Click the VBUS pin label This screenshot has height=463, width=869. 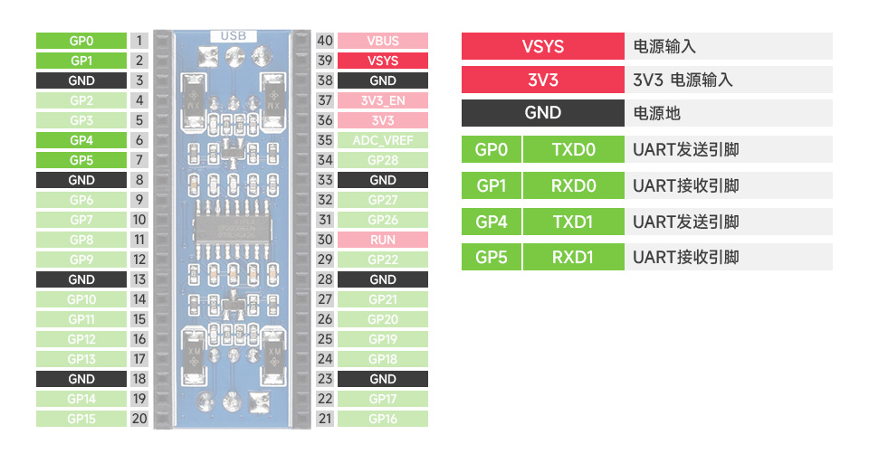pyautogui.click(x=383, y=41)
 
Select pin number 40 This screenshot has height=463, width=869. pyautogui.click(x=325, y=41)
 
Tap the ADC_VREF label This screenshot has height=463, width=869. pyautogui.click(x=383, y=140)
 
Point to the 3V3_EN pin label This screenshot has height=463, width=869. pyautogui.click(x=383, y=100)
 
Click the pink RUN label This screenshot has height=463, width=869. pyautogui.click(x=383, y=240)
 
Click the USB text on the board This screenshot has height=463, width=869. pyautogui.click(x=233, y=36)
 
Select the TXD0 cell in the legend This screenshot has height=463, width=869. pyautogui.click(x=574, y=149)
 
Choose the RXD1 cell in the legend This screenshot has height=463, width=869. pyautogui.click(x=574, y=257)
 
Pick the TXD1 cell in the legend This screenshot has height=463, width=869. pyautogui.click(x=574, y=222)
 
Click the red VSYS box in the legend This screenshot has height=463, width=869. pyautogui.click(x=542, y=47)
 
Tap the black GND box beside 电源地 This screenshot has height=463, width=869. pyautogui.click(x=542, y=113)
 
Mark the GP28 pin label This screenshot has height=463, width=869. pyautogui.click(x=383, y=160)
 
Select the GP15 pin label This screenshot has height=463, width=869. pyautogui.click(x=81, y=419)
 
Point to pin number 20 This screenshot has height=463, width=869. pyautogui.click(x=138, y=419)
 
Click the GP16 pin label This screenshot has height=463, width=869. pyautogui.click(x=383, y=419)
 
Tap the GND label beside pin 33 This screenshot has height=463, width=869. pyautogui.click(x=383, y=180)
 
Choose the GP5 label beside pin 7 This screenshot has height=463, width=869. pyautogui.click(x=81, y=160)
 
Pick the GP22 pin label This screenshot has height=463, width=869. pyautogui.click(x=383, y=260)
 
